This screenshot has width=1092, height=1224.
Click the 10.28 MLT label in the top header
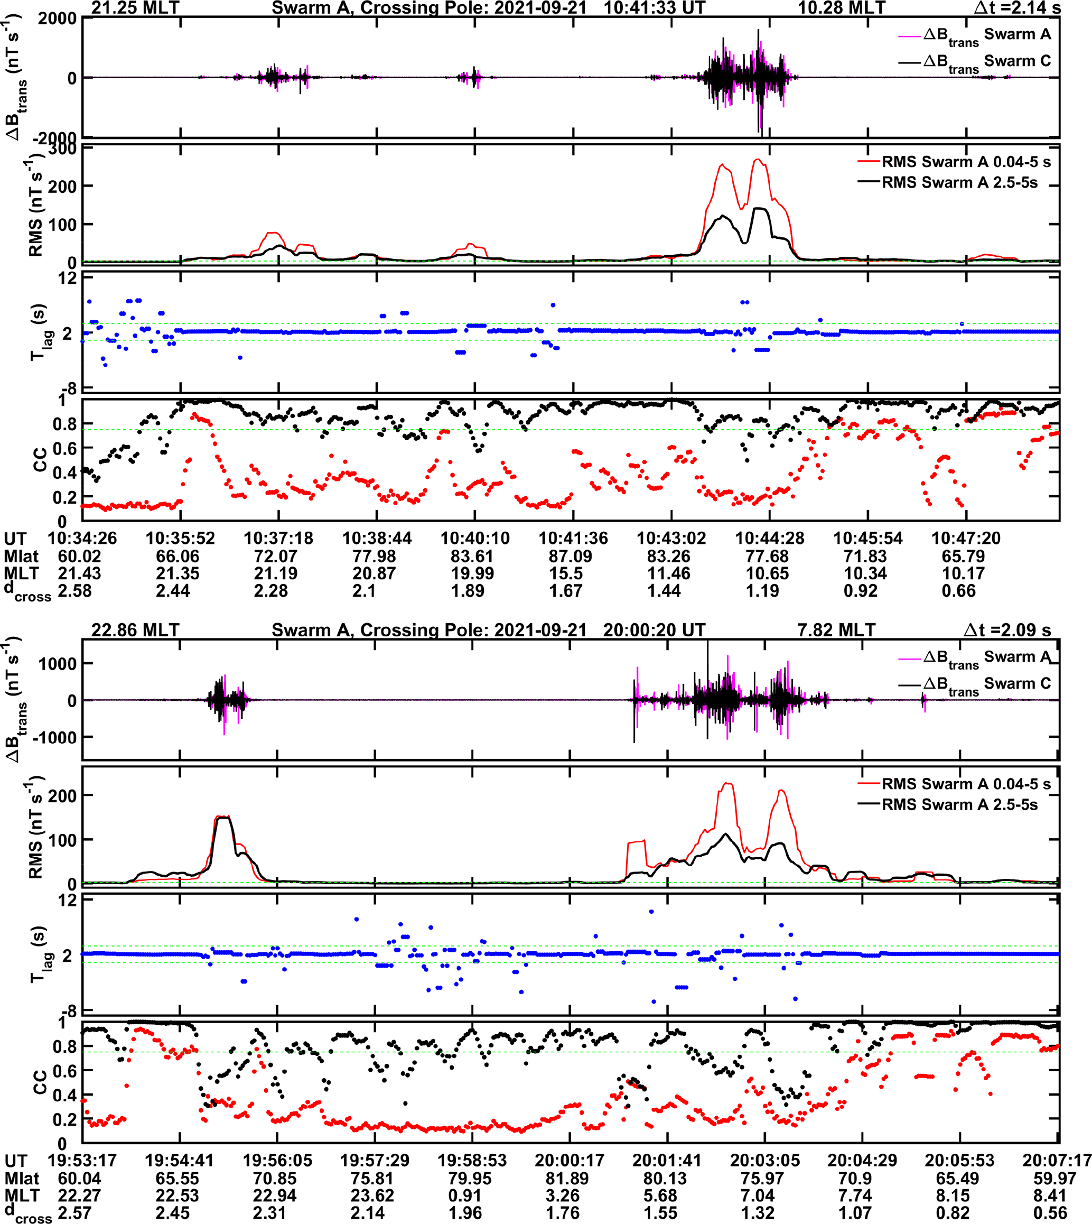click(841, 8)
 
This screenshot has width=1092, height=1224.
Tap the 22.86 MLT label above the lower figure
click(135, 630)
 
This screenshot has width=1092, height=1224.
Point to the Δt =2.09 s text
click(1007, 630)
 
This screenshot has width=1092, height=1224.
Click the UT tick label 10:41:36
click(573, 538)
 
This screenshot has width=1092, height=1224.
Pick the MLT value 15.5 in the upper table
click(566, 573)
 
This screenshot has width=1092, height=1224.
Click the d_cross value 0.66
click(958, 591)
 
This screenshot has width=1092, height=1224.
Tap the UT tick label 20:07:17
click(1056, 1161)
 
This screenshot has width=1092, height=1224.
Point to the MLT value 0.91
click(465, 1195)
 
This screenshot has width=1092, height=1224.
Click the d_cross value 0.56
click(1050, 1212)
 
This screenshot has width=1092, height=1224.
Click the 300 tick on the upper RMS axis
click(62, 149)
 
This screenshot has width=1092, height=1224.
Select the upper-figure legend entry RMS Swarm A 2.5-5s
click(959, 182)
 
